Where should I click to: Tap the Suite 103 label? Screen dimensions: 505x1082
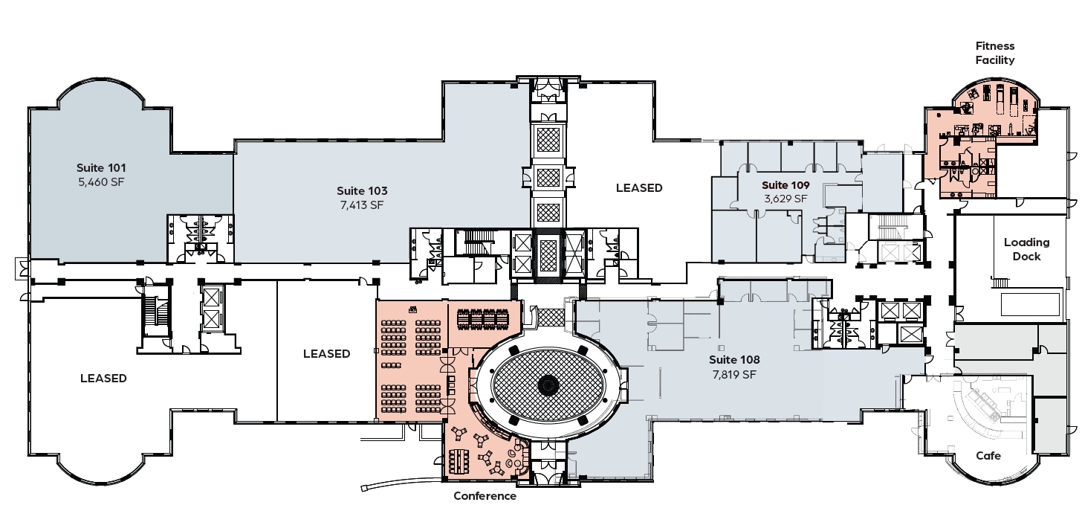tap(362, 190)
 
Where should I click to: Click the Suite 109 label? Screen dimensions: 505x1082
tap(785, 184)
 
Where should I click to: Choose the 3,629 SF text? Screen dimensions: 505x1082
tap(785, 199)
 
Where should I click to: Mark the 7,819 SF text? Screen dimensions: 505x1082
tap(734, 375)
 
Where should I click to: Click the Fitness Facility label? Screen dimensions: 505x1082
tap(995, 53)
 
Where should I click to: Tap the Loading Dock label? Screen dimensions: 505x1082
tap(1026, 249)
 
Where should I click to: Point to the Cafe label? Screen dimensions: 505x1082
tap(988, 455)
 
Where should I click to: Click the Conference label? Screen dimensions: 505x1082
tap(485, 496)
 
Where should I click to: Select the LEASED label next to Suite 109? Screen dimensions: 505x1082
tap(639, 188)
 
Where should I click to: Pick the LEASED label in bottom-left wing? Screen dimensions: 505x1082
tap(103, 379)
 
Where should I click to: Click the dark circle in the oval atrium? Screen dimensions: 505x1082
tap(548, 384)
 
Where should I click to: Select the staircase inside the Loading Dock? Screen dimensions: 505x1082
tap(1000, 282)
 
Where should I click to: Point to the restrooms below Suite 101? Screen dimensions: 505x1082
tap(199, 237)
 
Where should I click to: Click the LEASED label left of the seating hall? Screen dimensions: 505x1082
tap(326, 354)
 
